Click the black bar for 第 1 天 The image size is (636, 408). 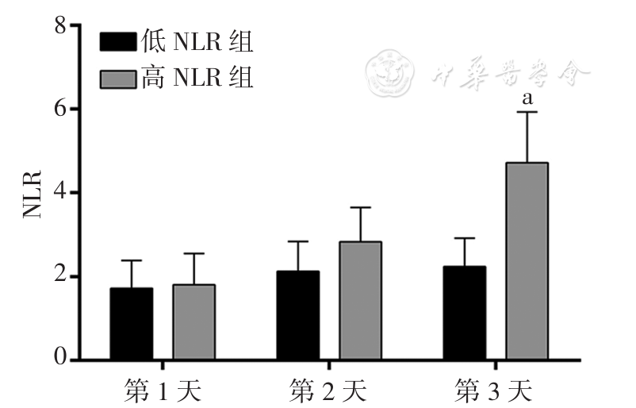click(132, 324)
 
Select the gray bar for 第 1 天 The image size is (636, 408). click(193, 322)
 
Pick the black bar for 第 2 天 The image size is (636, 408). click(298, 315)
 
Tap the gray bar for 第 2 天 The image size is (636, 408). click(360, 301)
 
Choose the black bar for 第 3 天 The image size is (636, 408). click(465, 313)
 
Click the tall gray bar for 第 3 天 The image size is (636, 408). click(527, 261)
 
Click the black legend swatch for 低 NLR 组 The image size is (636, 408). click(118, 40)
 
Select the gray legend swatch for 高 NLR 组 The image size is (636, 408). click(118, 79)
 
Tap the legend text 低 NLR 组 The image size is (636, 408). click(197, 40)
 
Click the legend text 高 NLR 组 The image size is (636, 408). click(197, 79)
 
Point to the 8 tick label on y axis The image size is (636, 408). click(59, 25)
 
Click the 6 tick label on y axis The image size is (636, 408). click(59, 109)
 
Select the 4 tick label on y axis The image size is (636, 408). click(59, 193)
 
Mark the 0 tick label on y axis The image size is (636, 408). click(59, 360)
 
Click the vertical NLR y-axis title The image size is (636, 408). click(30, 193)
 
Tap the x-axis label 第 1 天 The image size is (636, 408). click(163, 391)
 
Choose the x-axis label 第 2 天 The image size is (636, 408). click(328, 391)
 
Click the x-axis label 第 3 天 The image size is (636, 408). click(495, 391)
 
